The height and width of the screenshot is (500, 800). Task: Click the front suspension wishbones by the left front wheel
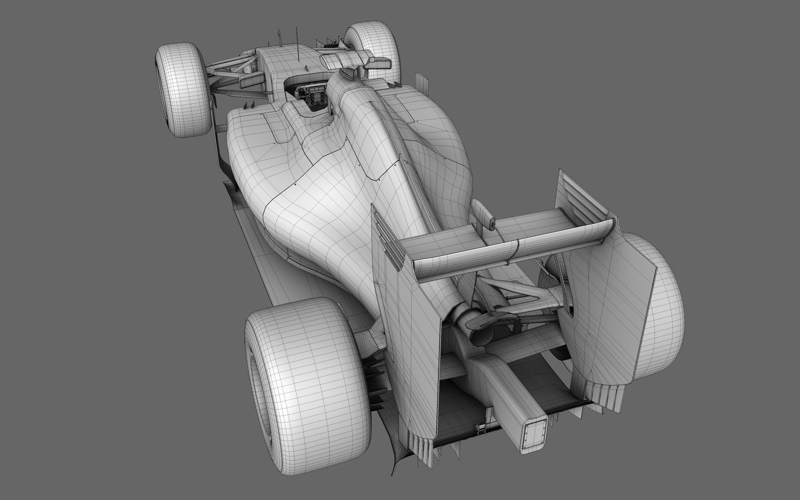225,71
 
